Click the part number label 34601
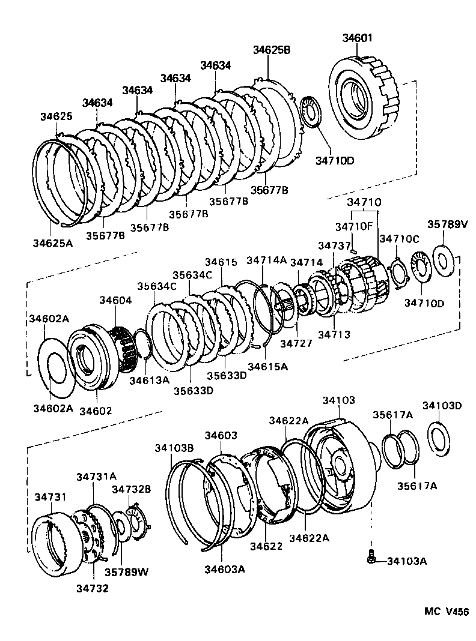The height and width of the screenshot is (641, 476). pos(358,38)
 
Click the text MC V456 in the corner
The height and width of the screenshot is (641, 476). pos(446,612)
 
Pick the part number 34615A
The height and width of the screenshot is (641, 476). pos(267,366)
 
